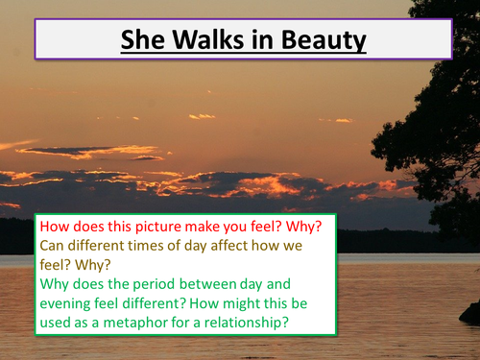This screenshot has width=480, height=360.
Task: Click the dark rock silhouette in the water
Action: (469, 312)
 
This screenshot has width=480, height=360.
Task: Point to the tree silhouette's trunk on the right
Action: (459, 192)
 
